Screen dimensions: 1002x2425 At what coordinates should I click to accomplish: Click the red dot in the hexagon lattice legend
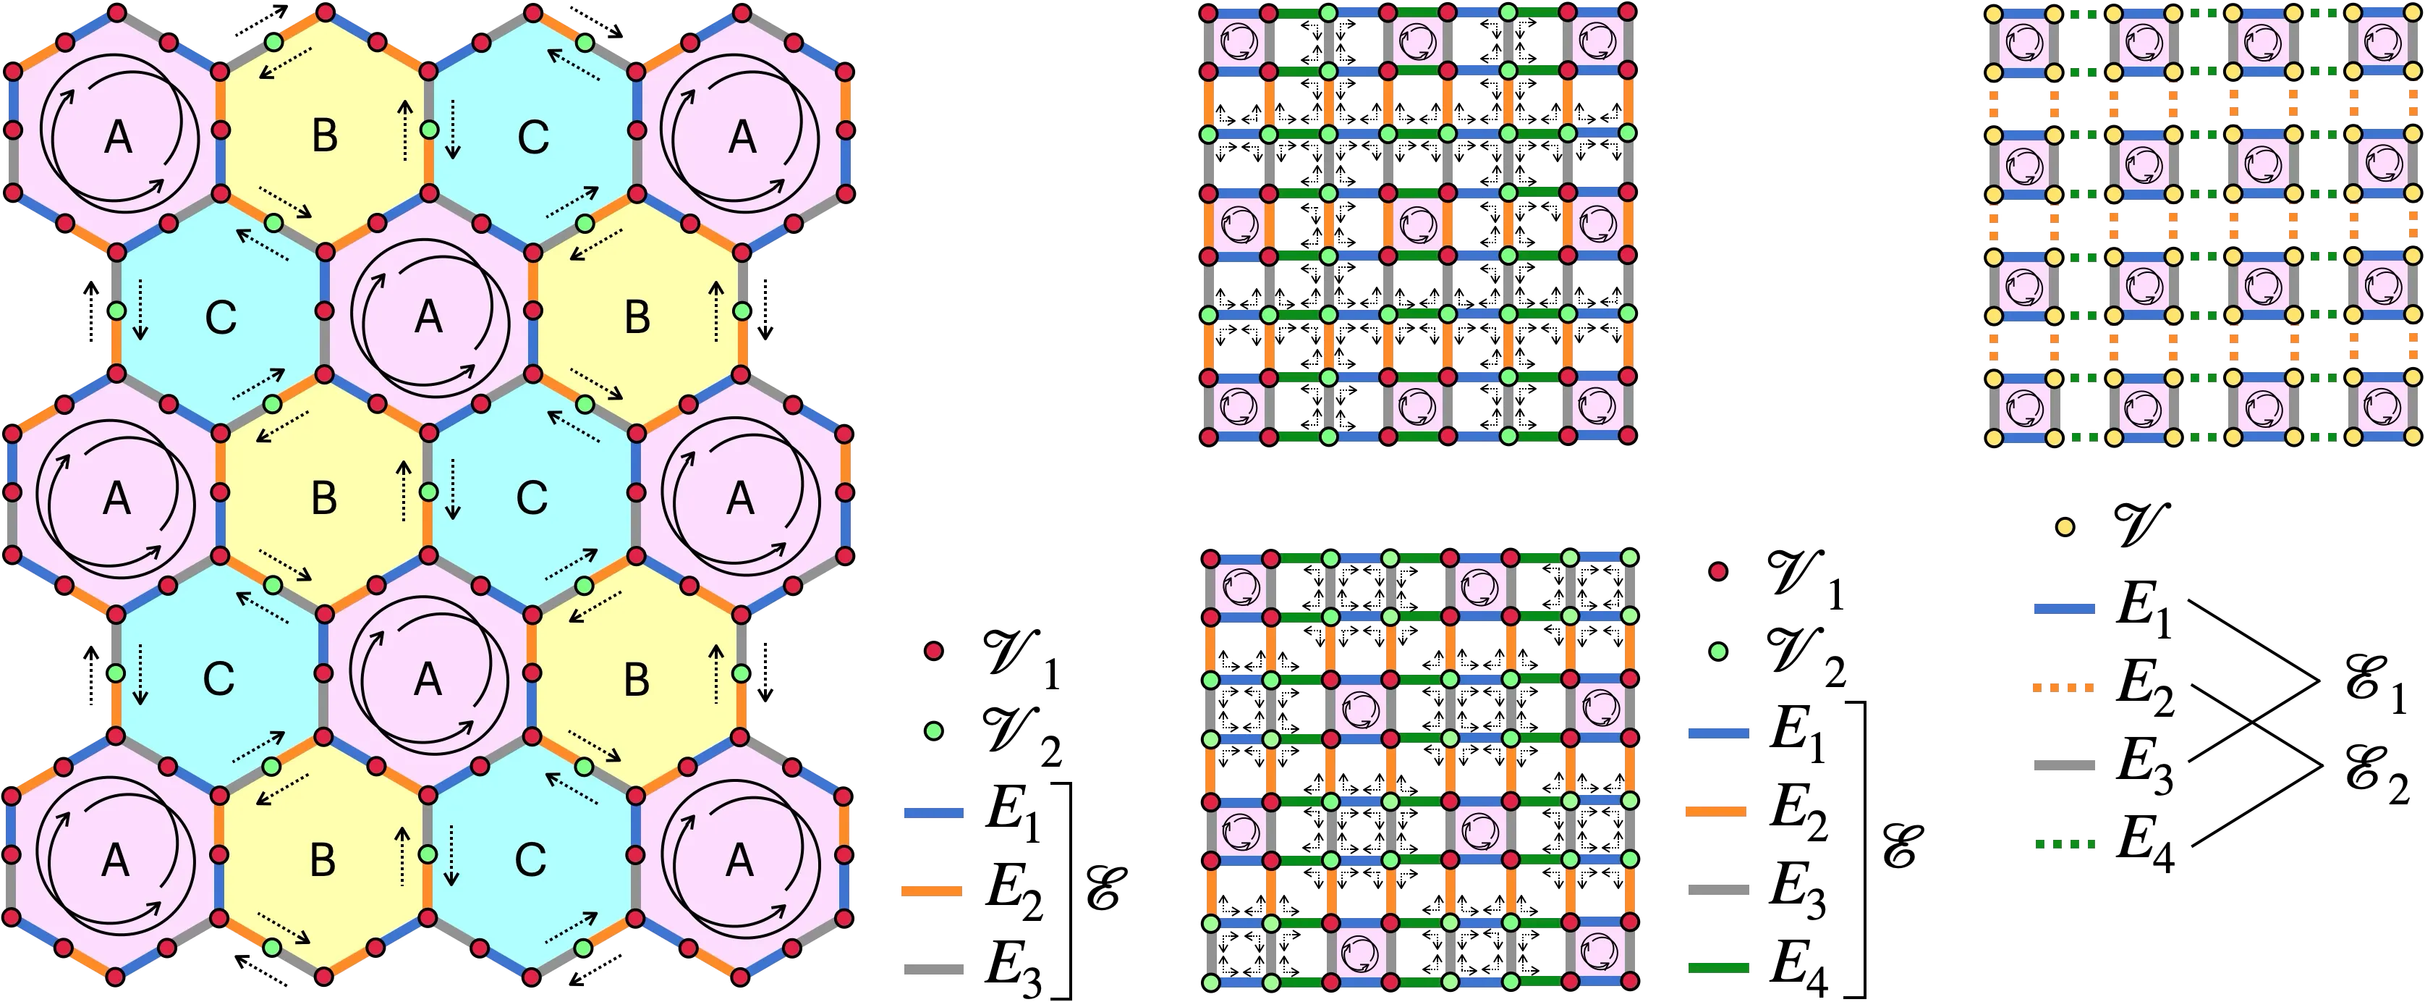(934, 651)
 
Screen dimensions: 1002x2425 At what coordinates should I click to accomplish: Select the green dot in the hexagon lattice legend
(934, 731)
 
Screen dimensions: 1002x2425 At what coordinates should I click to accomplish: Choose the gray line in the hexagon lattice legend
(934, 968)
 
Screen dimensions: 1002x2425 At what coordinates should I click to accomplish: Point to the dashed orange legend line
(2063, 689)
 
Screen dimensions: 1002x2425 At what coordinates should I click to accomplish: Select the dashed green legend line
(2063, 845)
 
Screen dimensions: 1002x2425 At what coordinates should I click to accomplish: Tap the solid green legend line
(1719, 967)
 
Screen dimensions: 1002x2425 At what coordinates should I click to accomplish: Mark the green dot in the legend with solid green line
(1718, 651)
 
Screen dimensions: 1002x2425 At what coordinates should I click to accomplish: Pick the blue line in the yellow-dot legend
(2063, 608)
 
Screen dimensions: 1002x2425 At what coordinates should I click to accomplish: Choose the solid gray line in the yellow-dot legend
(2063, 765)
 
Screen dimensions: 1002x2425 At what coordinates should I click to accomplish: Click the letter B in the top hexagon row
(324, 137)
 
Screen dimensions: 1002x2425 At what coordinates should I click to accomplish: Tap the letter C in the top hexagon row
(533, 138)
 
